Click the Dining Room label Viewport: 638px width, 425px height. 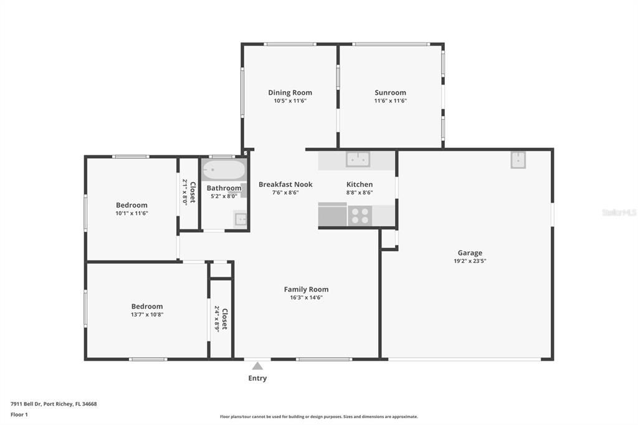290,93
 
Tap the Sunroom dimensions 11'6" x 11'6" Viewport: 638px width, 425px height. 390,101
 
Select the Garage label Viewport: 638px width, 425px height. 470,253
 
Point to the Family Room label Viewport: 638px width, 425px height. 306,289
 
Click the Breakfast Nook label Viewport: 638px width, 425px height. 285,184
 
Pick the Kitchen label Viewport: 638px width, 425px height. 359,184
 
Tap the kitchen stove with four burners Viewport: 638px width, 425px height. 359,216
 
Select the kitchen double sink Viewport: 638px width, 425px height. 358,160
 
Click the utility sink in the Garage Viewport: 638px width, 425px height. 518,160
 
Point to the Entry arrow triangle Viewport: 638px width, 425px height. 257,366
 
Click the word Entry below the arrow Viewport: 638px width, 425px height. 257,378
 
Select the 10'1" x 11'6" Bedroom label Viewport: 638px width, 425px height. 131,205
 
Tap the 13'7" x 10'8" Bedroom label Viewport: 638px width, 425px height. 147,306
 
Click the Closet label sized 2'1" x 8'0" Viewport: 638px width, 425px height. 193,192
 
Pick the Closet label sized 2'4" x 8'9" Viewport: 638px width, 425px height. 224,318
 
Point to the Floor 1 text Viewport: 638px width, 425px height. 19,414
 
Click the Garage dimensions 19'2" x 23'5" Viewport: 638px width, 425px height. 470,261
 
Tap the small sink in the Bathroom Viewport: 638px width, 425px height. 240,219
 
